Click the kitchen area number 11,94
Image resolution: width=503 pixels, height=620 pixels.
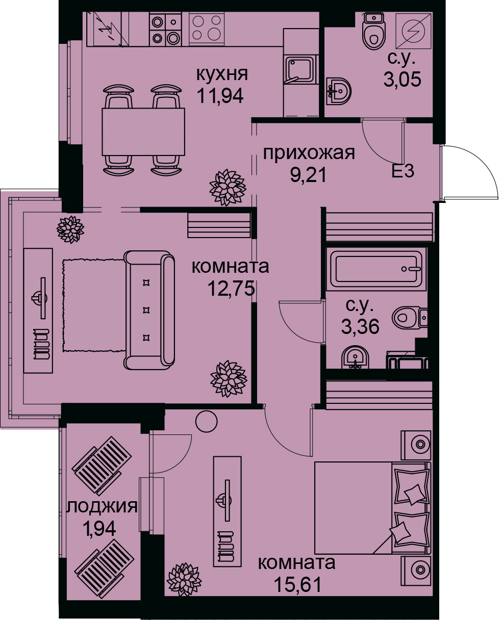[x=220, y=95]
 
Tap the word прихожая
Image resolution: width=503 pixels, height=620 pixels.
[x=309, y=153]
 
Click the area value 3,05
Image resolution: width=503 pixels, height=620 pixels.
[x=402, y=79]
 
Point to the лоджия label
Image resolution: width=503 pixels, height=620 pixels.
[x=102, y=506]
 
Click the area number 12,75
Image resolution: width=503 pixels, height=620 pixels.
[x=231, y=289]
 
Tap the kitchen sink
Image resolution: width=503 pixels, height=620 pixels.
[x=300, y=70]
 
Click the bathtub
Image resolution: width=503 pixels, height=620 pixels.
[x=376, y=269]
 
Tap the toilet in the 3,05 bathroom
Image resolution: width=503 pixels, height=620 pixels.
[x=374, y=31]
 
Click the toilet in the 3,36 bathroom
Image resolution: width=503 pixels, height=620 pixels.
[x=410, y=317]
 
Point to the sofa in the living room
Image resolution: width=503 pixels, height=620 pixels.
[x=149, y=311]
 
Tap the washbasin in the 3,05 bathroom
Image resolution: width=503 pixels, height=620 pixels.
[x=339, y=91]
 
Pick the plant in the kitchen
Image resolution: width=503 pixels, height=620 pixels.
[x=228, y=188]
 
